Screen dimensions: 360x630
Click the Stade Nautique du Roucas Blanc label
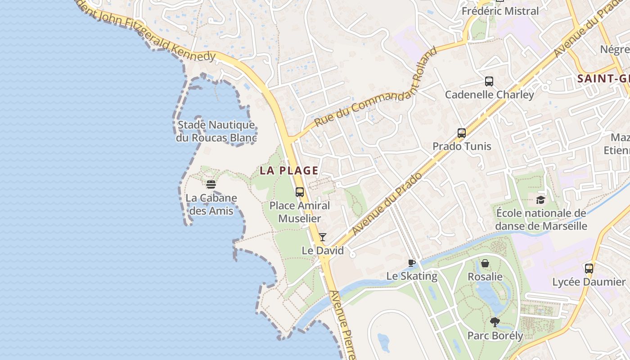[x=216, y=131]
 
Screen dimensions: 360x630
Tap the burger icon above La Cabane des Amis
[x=211, y=184]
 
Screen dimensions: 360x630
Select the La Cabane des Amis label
[x=211, y=204]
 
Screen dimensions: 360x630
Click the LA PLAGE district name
[x=289, y=171]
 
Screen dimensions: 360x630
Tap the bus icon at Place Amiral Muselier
[x=300, y=192]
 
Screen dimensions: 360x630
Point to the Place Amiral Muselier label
[x=300, y=212]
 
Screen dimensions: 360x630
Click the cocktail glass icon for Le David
[x=323, y=237]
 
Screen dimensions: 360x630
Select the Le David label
[x=323, y=251]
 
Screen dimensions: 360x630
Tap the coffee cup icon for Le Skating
[x=411, y=263]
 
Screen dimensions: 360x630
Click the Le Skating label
[x=412, y=276]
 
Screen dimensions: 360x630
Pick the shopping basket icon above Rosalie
[x=485, y=263]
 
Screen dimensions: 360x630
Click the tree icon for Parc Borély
[x=495, y=322]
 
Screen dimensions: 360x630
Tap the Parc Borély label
[x=495, y=336]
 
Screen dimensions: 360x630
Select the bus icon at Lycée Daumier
[x=589, y=269]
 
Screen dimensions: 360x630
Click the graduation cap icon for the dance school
[x=540, y=200]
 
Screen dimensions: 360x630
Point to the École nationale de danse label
[x=541, y=219]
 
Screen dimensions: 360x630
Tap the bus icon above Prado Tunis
[x=462, y=133]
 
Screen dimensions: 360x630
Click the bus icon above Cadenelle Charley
[x=489, y=81]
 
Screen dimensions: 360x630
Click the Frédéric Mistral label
[x=500, y=11]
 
